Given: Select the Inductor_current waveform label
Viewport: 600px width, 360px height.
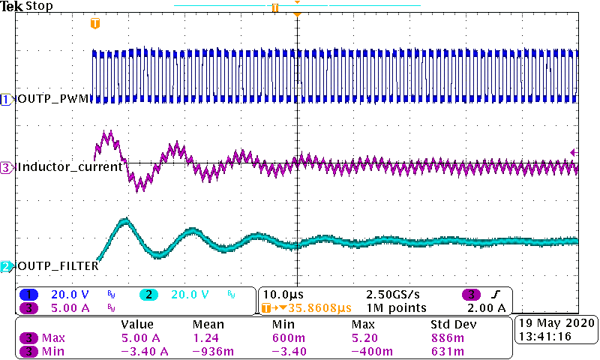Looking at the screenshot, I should [69, 167].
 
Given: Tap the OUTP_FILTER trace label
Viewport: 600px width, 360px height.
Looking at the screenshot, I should [58, 266].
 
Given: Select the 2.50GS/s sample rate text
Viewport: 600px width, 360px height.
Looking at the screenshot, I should [393, 294].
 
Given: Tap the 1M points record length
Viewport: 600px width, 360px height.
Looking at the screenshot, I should [397, 307].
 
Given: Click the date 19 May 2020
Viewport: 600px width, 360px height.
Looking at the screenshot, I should [556, 323].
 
